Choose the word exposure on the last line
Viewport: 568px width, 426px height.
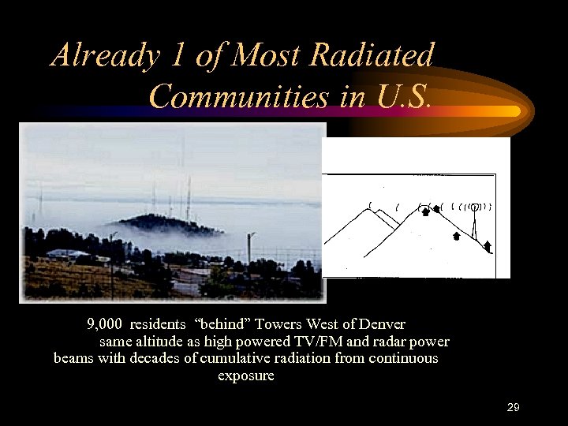click(245, 376)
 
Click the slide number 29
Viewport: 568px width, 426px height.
click(513, 407)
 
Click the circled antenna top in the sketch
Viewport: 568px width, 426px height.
click(473, 207)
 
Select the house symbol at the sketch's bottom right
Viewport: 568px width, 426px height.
click(487, 247)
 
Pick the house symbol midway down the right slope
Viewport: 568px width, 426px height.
click(457, 235)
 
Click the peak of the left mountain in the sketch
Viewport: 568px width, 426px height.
click(368, 210)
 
